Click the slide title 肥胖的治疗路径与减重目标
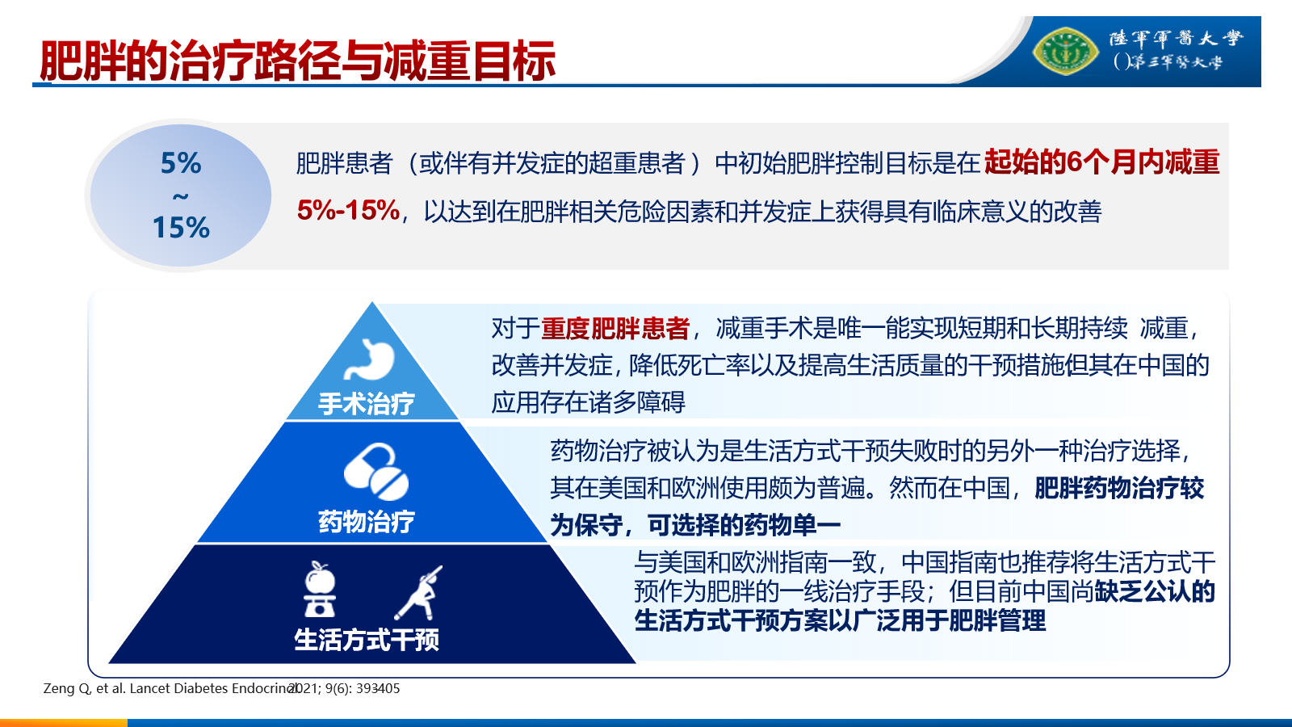tap(297, 61)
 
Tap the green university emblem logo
tap(1065, 52)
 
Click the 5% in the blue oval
tap(181, 163)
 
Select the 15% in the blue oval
tap(181, 227)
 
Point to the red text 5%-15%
tap(348, 211)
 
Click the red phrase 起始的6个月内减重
tap(1101, 162)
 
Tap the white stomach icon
tap(369, 359)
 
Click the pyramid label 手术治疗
tap(367, 403)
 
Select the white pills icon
tap(376, 472)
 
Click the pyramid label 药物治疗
tap(367, 522)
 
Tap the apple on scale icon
tap(320, 589)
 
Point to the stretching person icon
tap(419, 593)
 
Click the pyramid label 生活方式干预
tap(367, 640)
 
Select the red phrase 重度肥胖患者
tap(615, 329)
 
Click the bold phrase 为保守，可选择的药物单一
tap(695, 525)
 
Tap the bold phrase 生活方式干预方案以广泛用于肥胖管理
tap(840, 621)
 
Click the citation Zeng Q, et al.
tap(84, 688)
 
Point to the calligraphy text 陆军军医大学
tap(1176, 38)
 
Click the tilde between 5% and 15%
tap(181, 197)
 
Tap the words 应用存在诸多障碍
tap(589, 402)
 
